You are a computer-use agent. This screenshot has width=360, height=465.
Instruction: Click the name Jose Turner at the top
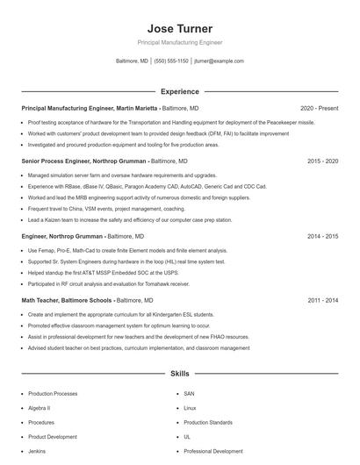179,29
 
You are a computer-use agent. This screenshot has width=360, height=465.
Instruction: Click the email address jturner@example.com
219,61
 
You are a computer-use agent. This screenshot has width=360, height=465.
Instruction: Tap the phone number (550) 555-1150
170,61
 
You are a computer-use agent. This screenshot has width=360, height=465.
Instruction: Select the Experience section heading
179,90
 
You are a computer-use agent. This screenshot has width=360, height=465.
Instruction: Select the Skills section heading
179,373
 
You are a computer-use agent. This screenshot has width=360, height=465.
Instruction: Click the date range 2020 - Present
319,108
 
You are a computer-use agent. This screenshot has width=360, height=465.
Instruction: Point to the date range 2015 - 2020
323,161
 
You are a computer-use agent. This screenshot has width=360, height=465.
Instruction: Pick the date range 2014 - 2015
323,236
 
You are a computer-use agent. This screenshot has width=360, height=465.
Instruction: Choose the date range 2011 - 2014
323,300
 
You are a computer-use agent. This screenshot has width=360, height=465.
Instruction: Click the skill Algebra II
40,408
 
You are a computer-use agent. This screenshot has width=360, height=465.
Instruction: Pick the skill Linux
190,408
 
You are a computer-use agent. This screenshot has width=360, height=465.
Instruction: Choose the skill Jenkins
37,451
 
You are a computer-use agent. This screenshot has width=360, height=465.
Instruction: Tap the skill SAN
189,394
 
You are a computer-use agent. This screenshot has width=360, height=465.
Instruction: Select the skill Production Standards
207,422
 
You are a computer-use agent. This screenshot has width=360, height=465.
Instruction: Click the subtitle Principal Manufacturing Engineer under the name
179,42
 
